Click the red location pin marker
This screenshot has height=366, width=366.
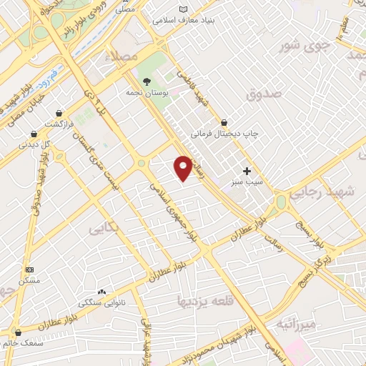184,167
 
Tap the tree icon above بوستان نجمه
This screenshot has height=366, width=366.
147,81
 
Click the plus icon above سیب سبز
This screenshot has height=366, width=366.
247,171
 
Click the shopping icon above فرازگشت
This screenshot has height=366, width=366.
59,113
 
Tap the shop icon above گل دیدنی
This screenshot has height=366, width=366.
34,134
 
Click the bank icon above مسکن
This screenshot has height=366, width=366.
29,269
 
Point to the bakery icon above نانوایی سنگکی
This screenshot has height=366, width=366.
101,292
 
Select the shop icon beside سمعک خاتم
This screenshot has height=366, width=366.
17,332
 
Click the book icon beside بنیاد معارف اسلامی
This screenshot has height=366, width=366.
185,10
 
